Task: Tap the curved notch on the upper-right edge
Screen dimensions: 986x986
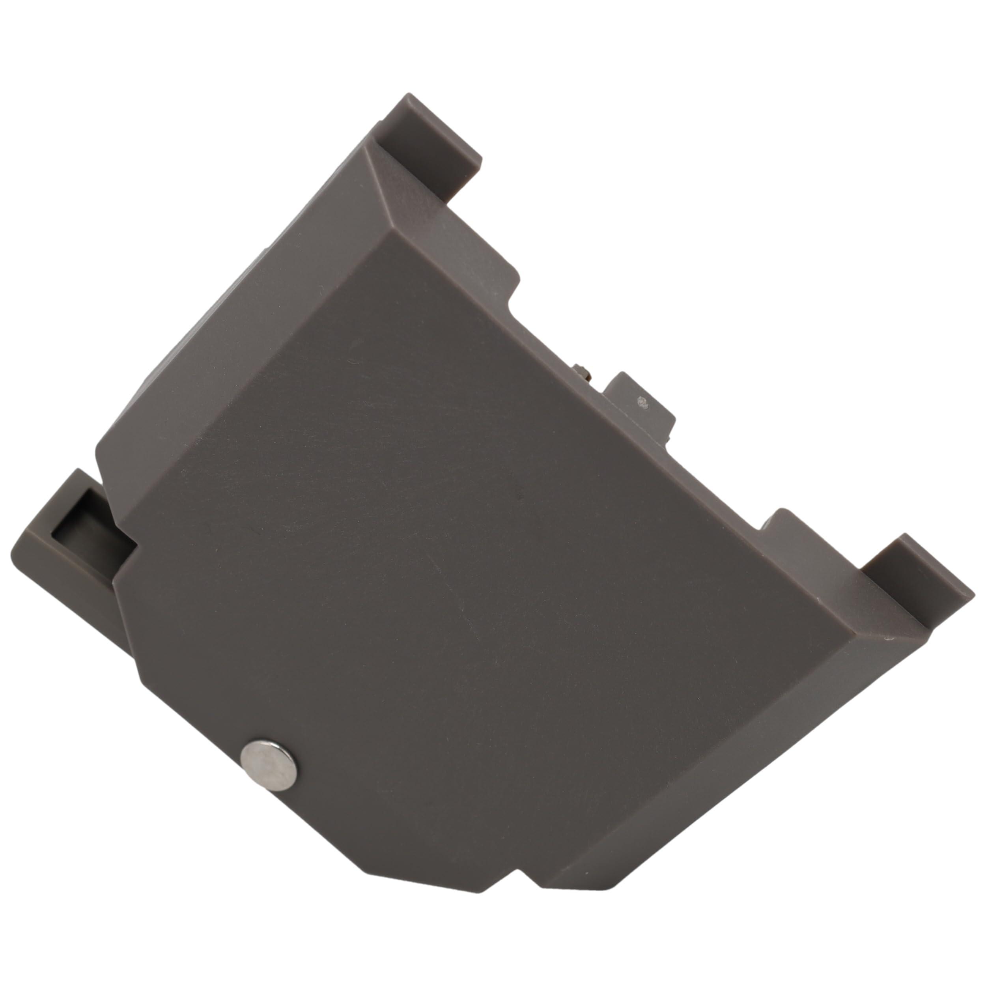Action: (513, 301)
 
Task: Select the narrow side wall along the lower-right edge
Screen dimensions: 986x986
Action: (715, 766)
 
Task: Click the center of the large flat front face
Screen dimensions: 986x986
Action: (459, 561)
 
